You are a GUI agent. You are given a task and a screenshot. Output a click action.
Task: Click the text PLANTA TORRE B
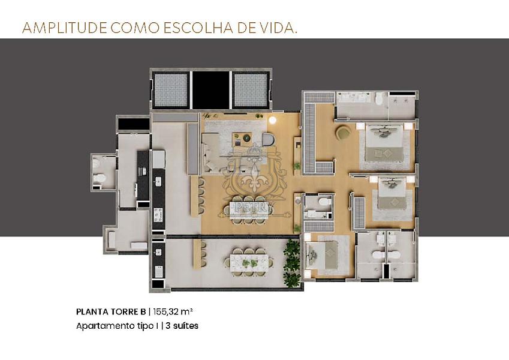point(111,311)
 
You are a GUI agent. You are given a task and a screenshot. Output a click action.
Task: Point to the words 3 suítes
point(180,326)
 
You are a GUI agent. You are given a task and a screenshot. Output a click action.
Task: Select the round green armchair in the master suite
point(344,133)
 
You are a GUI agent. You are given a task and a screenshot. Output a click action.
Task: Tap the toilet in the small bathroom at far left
point(101,178)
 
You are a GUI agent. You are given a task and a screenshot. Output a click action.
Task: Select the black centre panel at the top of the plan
point(211,90)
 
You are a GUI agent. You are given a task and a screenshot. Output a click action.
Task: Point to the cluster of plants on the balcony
point(292,263)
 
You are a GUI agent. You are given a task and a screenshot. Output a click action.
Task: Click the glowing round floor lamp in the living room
point(273,121)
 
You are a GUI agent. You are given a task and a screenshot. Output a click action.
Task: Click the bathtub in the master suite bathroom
point(356,97)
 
